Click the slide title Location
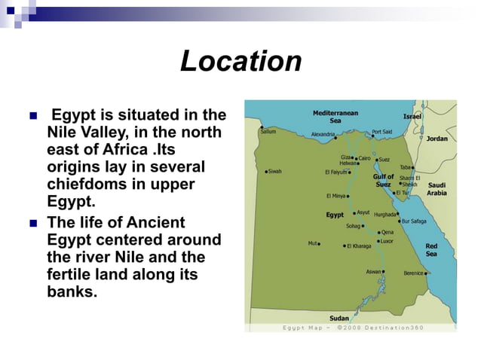pyautogui.click(x=240, y=61)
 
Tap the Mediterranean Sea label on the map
pyautogui.click(x=335, y=116)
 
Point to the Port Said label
pyautogui.click(x=381, y=132)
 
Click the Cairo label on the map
pyautogui.click(x=364, y=158)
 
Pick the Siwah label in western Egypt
pyautogui.click(x=274, y=171)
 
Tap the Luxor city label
pyautogui.click(x=386, y=241)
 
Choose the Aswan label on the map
pyautogui.click(x=374, y=271)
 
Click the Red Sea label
pyautogui.click(x=432, y=250)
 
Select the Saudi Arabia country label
pyautogui.click(x=437, y=188)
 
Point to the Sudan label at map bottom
pyautogui.click(x=339, y=318)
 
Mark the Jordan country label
pyautogui.click(x=437, y=139)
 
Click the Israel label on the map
pyautogui.click(x=412, y=117)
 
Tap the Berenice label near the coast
pyautogui.click(x=414, y=273)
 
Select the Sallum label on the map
pyautogui.click(x=268, y=131)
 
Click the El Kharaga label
pyautogui.click(x=360, y=246)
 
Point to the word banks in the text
pyautogui.click(x=72, y=292)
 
